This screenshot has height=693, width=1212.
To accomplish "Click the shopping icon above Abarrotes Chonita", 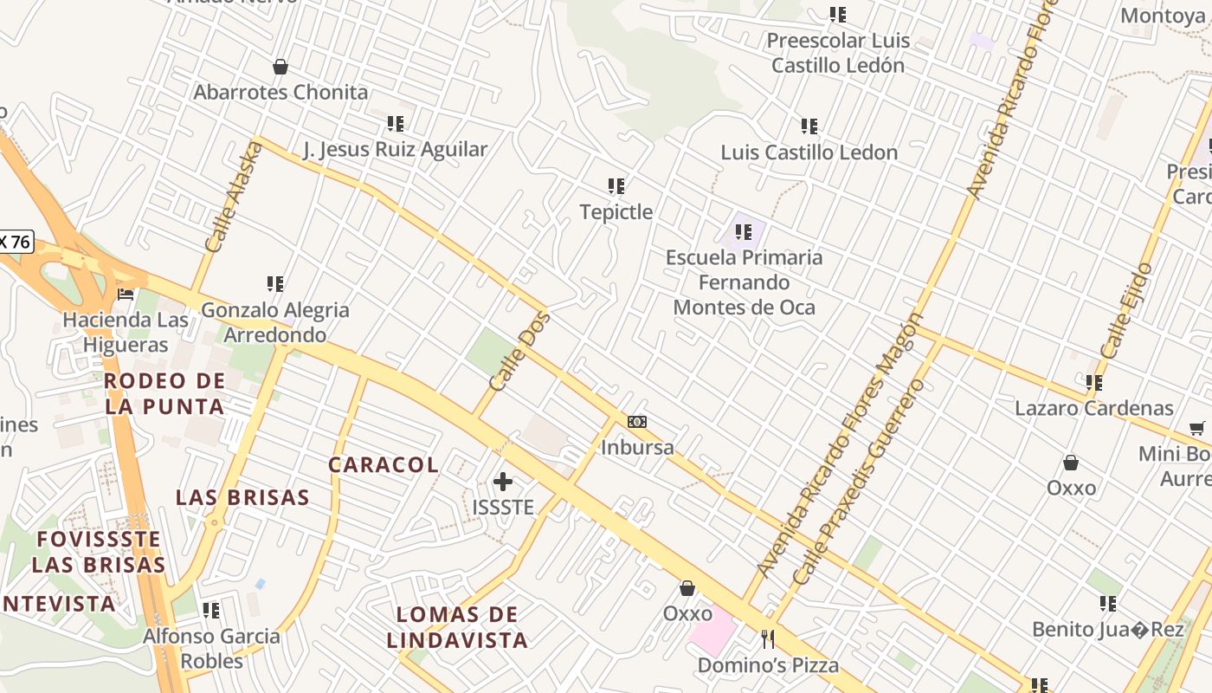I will (280, 67).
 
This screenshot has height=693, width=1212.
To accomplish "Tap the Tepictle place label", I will (616, 211).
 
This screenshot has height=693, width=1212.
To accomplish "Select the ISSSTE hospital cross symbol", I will (503, 482).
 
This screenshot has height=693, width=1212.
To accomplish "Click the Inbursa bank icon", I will (637, 422).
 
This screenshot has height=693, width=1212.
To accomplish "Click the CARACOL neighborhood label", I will (384, 464).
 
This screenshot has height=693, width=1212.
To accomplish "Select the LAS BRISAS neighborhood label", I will (242, 497).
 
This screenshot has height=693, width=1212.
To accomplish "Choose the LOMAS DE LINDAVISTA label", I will (457, 627).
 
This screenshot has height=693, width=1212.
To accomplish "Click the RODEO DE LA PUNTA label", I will (164, 392).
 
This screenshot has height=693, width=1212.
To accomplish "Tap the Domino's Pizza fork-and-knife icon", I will (767, 639).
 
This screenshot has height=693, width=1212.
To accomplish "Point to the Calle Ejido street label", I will (1126, 310).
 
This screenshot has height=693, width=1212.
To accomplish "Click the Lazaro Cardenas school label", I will (1094, 408).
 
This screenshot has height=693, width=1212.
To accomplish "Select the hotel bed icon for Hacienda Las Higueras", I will (126, 295).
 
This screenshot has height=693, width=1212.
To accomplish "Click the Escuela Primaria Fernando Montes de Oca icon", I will (744, 232).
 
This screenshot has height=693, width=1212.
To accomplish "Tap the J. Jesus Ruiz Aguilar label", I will (396, 149).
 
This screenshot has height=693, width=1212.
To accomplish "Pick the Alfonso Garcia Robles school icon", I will (211, 611).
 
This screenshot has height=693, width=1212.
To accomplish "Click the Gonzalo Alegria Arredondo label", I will (275, 322).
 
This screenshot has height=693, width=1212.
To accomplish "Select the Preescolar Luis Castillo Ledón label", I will (838, 53).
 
